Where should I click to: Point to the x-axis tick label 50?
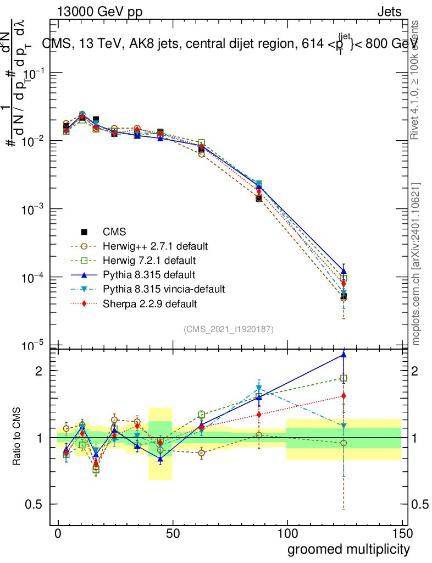173,533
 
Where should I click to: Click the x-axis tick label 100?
287,533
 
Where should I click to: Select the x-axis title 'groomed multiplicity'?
348,549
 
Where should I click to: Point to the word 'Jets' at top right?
389,12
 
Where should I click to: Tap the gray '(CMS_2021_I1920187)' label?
229,329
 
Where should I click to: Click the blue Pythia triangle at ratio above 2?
344,355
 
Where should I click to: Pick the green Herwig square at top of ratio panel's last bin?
344,378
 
